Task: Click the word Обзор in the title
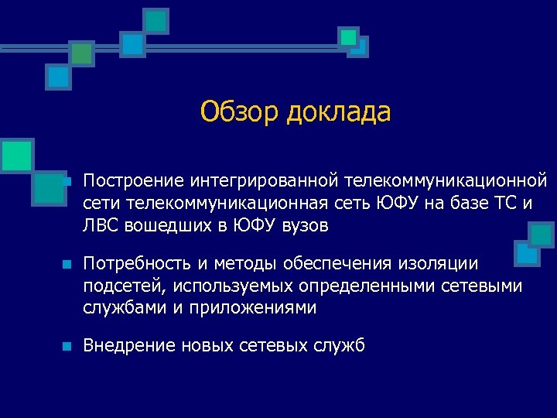pos(240,112)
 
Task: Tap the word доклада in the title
pos(338,112)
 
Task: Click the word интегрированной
pos(261,181)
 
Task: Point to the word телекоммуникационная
pos(210,204)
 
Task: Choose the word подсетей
pos(125,286)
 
